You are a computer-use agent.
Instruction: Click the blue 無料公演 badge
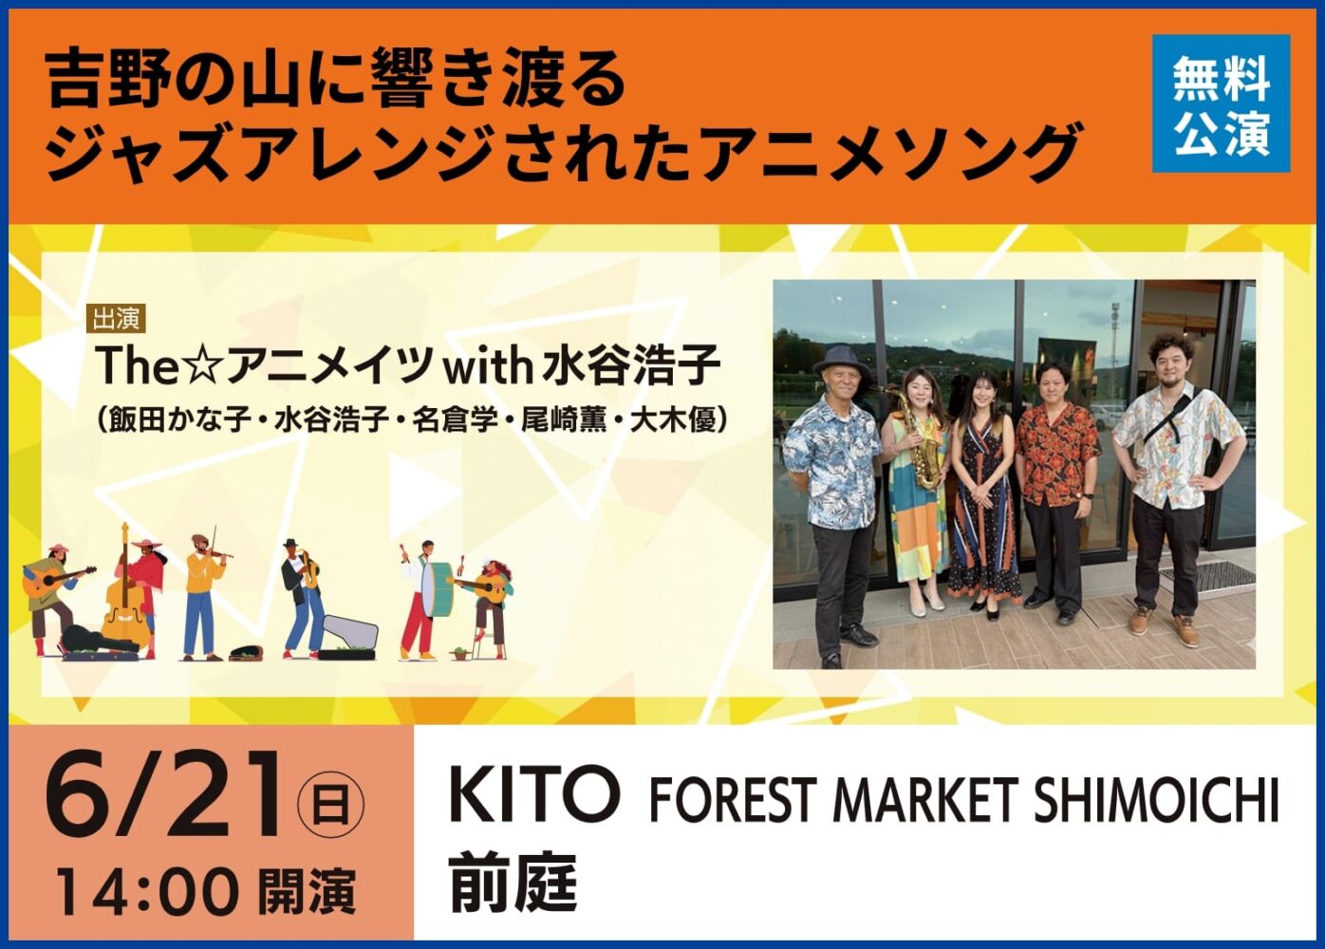pos(1221,104)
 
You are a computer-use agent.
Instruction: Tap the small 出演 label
pos(117,319)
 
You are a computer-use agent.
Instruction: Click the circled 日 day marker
pos(330,806)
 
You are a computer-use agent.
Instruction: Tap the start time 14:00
pos(147,893)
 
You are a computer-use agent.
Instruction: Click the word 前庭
pos(513,882)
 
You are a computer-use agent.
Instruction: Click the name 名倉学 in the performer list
pos(456,419)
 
